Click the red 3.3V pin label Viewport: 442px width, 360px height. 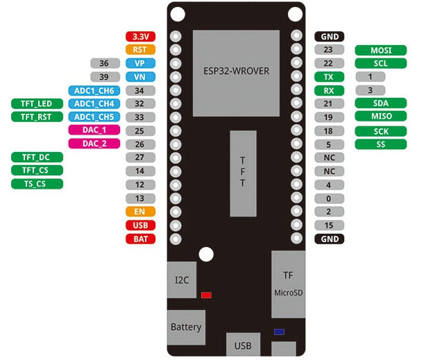[140, 37]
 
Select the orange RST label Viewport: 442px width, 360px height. [140, 50]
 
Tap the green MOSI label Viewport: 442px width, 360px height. [380, 50]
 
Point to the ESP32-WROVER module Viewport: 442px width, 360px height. [236, 72]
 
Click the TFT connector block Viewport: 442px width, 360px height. [243, 173]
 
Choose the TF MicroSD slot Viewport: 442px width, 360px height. [288, 284]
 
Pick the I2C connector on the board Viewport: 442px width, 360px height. [182, 280]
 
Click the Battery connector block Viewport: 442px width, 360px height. [186, 327]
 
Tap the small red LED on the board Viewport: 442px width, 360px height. [206, 295]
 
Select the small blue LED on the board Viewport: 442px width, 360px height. [279, 332]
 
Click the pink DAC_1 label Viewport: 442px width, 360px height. [94, 130]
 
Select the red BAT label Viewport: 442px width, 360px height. [140, 239]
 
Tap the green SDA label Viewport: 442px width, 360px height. [380, 103]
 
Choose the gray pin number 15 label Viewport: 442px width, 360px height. [330, 225]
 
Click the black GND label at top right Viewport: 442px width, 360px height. [330, 37]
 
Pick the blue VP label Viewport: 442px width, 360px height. [140, 63]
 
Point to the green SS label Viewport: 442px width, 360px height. [380, 144]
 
